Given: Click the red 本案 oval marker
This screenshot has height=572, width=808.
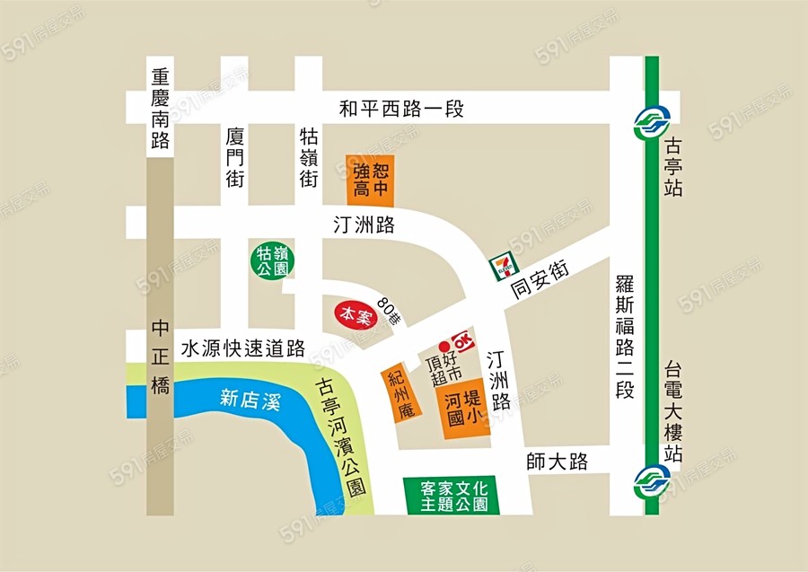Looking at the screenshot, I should pyautogui.click(x=355, y=315).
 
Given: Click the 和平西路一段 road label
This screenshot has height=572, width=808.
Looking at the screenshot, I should pyautogui.click(x=401, y=110).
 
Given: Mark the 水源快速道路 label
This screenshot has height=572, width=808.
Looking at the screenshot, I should pyautogui.click(x=242, y=348).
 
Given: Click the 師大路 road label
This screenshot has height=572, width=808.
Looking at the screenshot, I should pyautogui.click(x=558, y=462).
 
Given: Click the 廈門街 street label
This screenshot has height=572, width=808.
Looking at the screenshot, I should pyautogui.click(x=235, y=157).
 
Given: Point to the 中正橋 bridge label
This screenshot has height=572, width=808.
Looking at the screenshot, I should pyautogui.click(x=161, y=357).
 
